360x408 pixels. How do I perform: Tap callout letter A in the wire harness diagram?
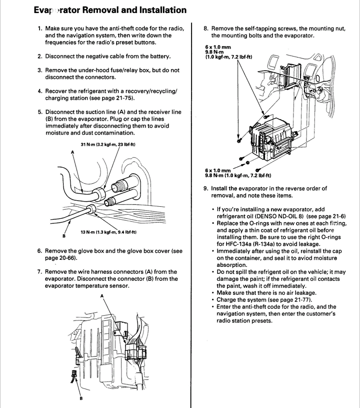coord(102,296)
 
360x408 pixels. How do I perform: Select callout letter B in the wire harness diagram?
coord(81,399)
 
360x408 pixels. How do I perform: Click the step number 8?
coord(205,29)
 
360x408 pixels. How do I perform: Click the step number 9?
coord(205,189)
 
